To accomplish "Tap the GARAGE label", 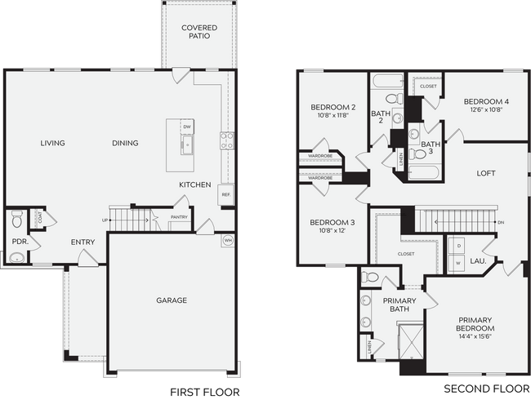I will (x=172, y=300).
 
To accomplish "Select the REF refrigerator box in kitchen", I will (x=225, y=195).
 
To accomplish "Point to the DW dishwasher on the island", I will (x=187, y=127).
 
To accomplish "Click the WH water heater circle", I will (x=228, y=241).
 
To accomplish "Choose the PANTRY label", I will (x=179, y=218).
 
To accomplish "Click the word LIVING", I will (x=53, y=144).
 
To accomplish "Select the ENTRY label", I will (x=83, y=242).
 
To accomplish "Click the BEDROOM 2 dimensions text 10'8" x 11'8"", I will (x=332, y=117).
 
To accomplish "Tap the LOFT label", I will (x=488, y=173).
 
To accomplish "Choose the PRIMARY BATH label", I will (x=399, y=305).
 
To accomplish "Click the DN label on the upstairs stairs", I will (x=501, y=221).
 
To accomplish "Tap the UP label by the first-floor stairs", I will (x=105, y=220).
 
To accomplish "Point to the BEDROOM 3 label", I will (x=332, y=222).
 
